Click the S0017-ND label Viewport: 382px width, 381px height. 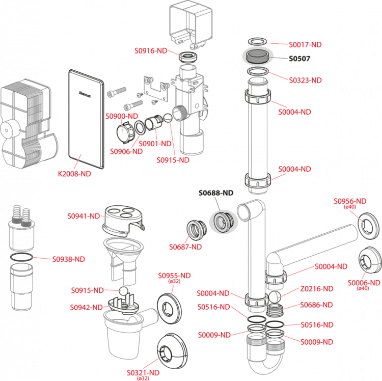(305, 45)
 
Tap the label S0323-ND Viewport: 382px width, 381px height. (305, 80)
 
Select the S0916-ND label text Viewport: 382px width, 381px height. (151, 51)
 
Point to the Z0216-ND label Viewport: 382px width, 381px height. (317, 289)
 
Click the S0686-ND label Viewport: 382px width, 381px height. (316, 305)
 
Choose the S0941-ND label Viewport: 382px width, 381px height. (84, 216)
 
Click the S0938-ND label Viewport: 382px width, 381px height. (69, 259)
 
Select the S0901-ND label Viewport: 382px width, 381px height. (155, 144)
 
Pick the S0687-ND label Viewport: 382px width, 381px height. (185, 247)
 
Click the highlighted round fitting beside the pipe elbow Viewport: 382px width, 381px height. (223, 222)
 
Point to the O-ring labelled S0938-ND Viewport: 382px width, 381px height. (21, 255)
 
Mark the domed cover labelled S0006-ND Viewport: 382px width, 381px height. (369, 261)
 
